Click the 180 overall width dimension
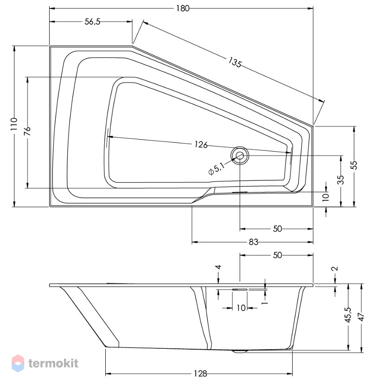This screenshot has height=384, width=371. (183, 8)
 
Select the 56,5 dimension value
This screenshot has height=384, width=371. (93, 22)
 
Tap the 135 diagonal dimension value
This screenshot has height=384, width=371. (235, 62)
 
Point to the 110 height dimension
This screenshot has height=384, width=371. (14, 124)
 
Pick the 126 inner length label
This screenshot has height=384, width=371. (201, 145)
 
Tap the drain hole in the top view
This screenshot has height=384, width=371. (239, 155)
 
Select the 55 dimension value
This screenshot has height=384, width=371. (354, 165)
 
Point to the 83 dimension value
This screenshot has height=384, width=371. (254, 242)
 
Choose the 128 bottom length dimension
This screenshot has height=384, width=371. (200, 374)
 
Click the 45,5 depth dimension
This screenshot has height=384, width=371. (348, 315)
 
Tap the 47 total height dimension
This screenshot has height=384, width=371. (361, 317)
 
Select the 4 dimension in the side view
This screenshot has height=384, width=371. (218, 267)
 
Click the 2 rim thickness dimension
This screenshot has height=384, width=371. (335, 269)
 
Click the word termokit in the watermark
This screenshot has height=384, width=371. (53, 363)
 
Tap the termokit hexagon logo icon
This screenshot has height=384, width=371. (18, 363)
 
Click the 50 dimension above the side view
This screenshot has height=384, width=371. (277, 255)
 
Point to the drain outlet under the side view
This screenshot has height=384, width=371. (239, 352)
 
